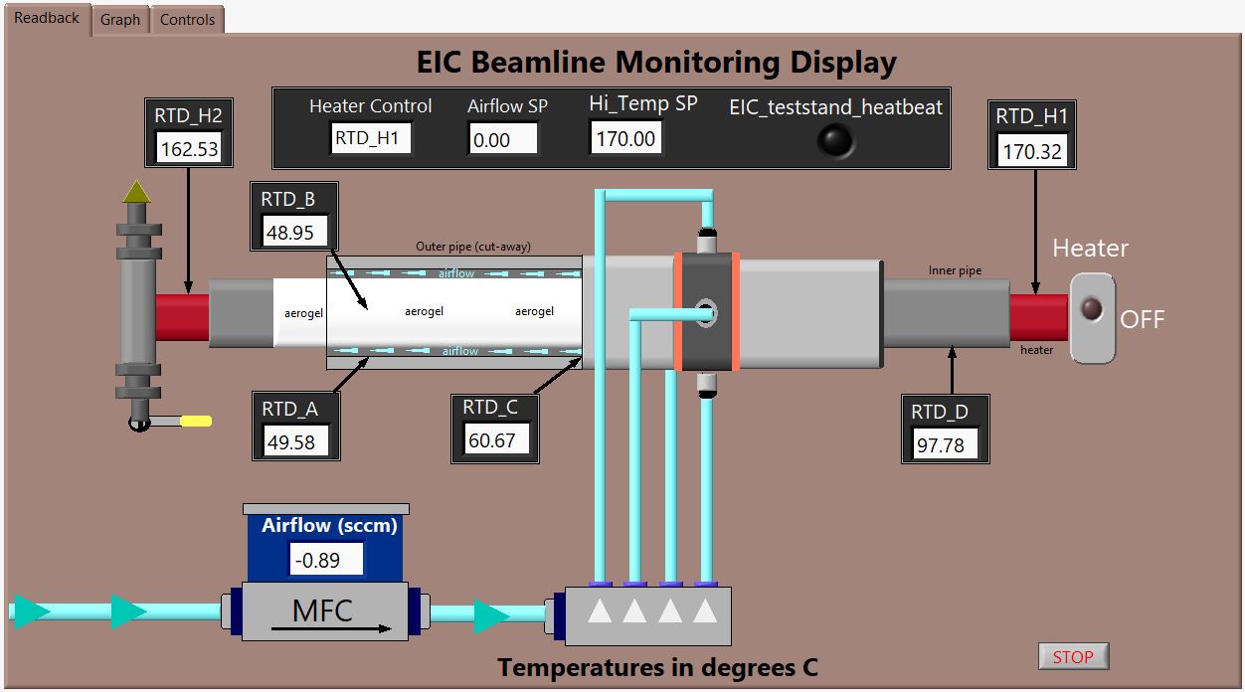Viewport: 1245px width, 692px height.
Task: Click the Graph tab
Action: [120, 20]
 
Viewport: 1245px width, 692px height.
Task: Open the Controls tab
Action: [187, 20]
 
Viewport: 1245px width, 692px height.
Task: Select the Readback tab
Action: [47, 18]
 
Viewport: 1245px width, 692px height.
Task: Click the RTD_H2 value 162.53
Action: [189, 148]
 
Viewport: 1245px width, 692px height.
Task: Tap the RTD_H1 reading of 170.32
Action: [1032, 150]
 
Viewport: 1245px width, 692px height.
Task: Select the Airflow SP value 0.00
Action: [502, 139]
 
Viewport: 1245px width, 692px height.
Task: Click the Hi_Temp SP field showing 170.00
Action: [625, 138]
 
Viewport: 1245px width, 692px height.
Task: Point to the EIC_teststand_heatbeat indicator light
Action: [835, 140]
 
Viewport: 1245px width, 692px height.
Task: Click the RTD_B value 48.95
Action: [293, 232]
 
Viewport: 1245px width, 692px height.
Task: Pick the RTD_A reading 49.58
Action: [294, 441]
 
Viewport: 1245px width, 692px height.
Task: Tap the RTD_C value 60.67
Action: [495, 439]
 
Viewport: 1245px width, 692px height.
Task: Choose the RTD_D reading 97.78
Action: [945, 444]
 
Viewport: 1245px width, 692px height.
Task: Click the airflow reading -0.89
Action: [326, 559]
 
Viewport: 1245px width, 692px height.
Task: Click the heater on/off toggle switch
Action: [1092, 317]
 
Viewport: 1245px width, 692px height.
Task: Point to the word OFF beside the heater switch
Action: [1143, 319]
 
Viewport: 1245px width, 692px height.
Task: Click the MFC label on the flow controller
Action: [322, 610]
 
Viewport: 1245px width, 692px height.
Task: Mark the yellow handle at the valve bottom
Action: [196, 422]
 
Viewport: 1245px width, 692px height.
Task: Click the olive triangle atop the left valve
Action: [136, 192]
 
